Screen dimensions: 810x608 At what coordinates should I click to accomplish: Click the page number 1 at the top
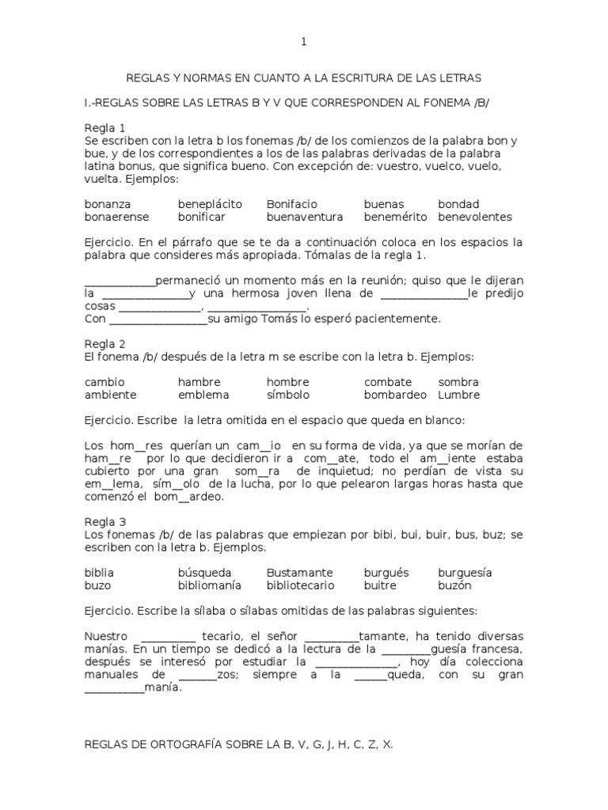coord(303,43)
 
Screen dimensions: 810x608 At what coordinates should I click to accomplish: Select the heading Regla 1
coord(105,127)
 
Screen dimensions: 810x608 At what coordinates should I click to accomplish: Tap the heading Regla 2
coord(105,343)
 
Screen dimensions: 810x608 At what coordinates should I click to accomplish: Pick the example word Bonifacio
coord(291,204)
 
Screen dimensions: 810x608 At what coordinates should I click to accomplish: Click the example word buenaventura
coord(305,217)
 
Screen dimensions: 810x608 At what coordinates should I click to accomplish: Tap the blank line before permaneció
coord(120,281)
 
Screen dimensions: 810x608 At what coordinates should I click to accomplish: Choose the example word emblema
coord(203,395)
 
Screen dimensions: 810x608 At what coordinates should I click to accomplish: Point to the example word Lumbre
coord(458,395)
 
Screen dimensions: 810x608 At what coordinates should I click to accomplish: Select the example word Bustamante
coord(300,572)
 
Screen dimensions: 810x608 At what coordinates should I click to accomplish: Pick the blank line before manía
coord(114,687)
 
